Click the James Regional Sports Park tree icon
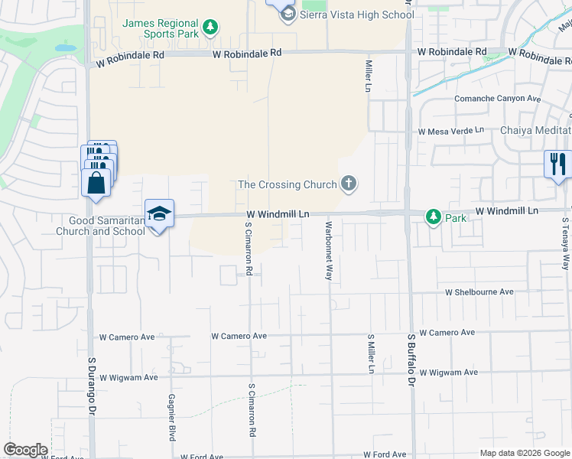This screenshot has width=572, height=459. click(x=210, y=29)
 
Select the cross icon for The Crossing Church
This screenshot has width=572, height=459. click(x=349, y=184)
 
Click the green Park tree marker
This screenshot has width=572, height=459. click(x=434, y=218)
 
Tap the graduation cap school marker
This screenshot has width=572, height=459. click(x=160, y=213)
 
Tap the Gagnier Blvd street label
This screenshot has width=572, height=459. click(x=172, y=417)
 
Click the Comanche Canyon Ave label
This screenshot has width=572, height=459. click(x=497, y=99)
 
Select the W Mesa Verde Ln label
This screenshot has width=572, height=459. click(x=451, y=131)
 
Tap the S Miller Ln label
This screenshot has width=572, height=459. click(x=371, y=353)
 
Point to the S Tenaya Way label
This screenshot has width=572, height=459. click(x=566, y=244)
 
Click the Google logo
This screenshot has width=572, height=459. click(x=25, y=450)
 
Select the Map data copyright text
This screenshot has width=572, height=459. click(x=524, y=452)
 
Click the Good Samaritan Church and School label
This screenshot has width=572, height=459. click(x=101, y=226)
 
